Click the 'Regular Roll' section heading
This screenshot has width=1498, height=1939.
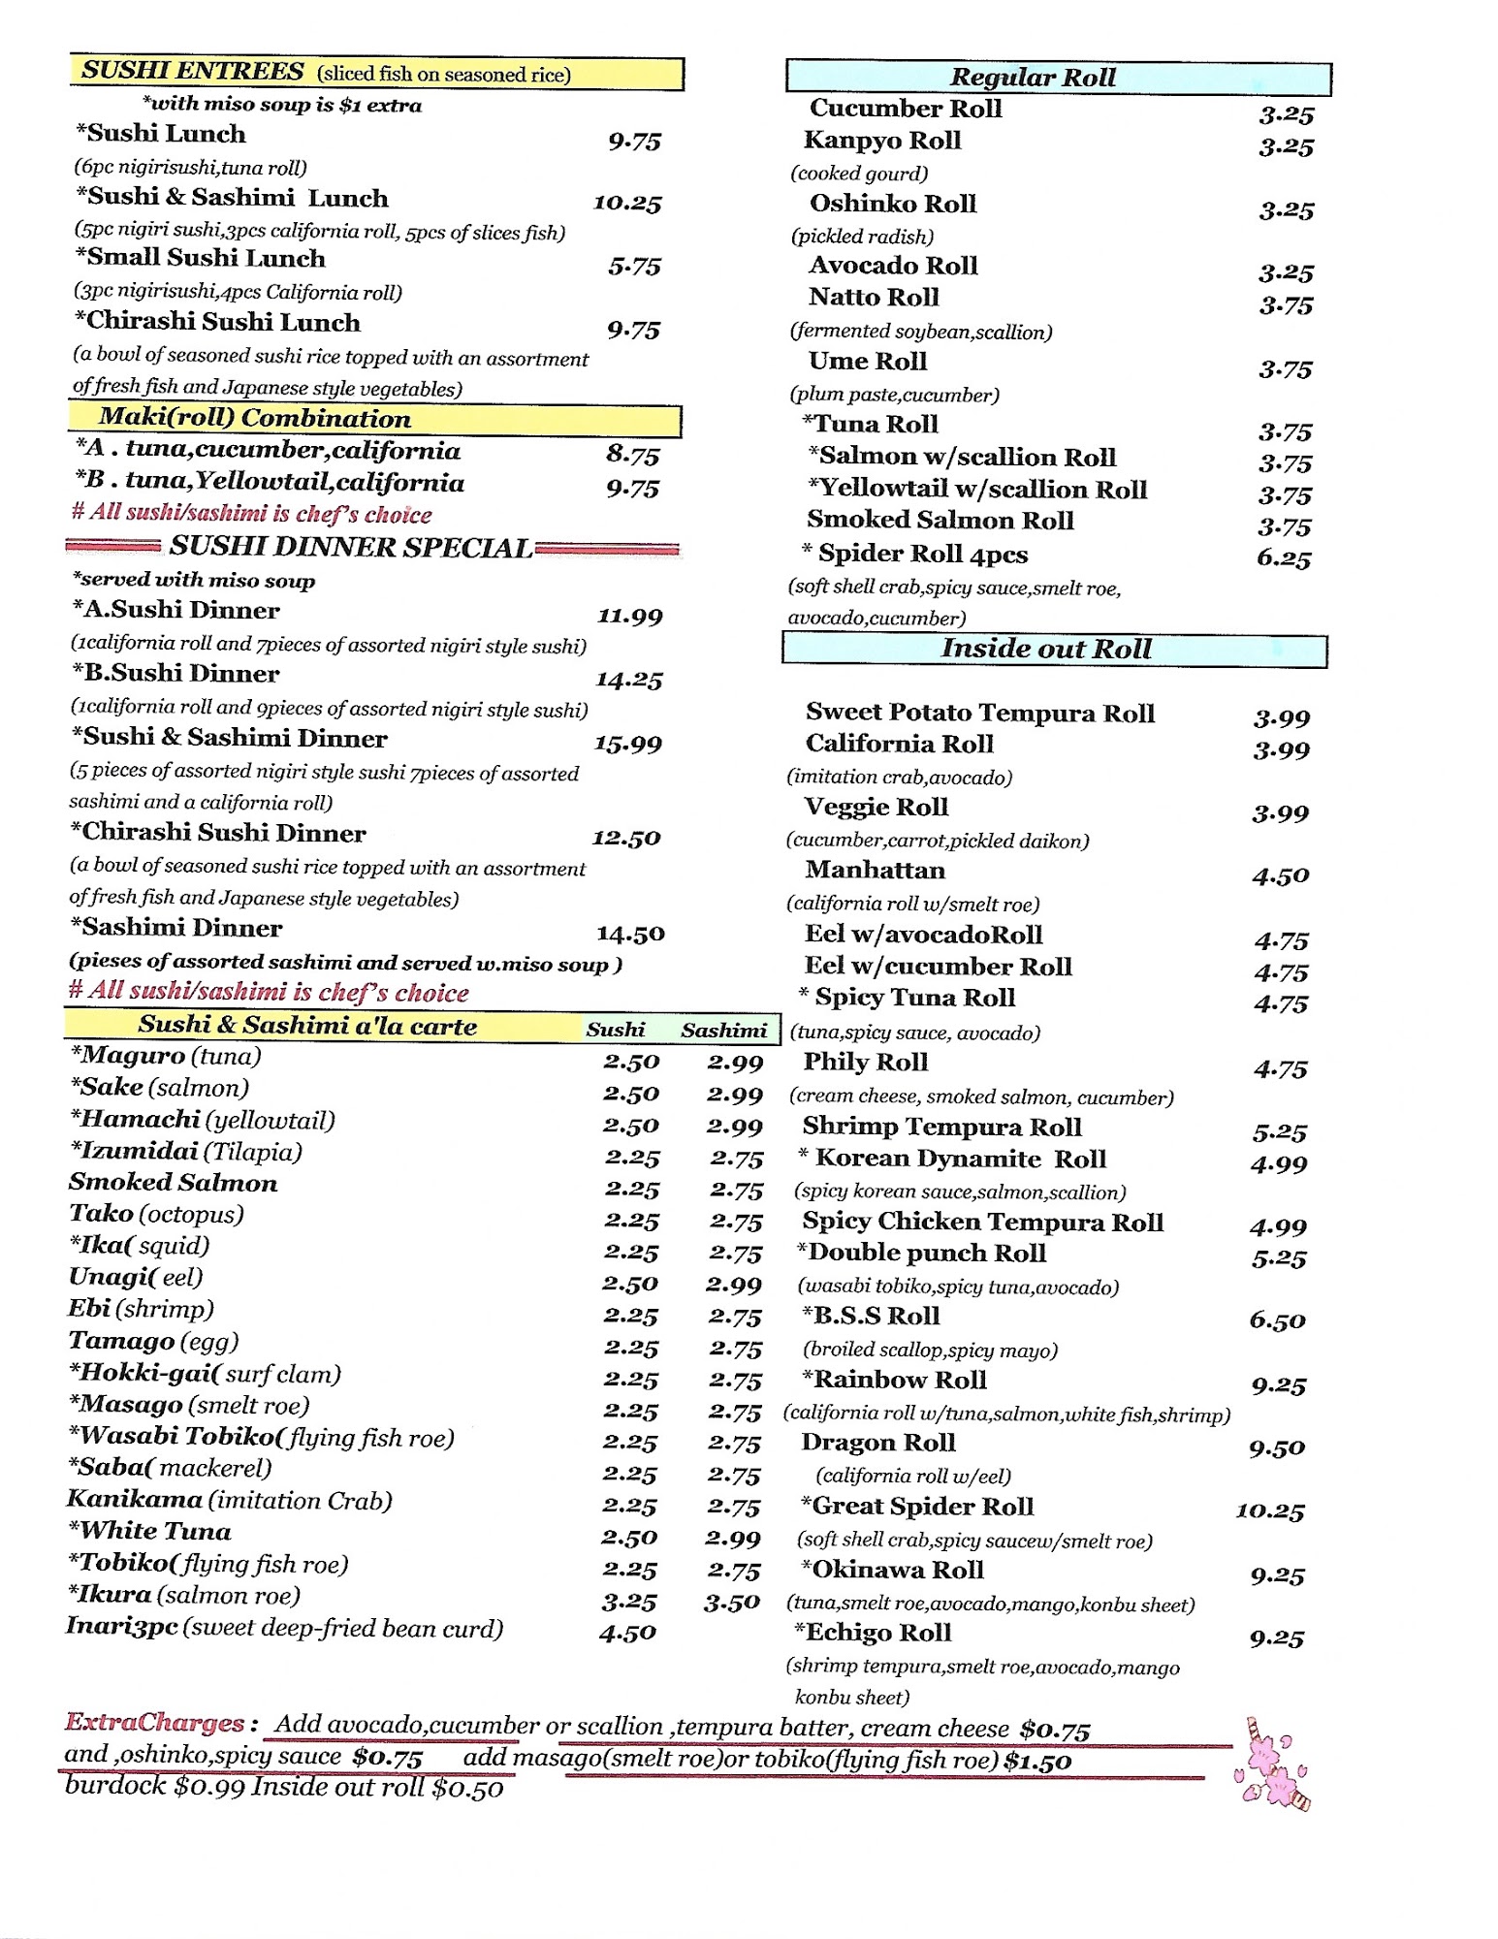pyautogui.click(x=1033, y=78)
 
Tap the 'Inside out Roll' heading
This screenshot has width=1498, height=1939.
pyautogui.click(x=1046, y=649)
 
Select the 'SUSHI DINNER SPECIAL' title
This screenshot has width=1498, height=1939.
pyautogui.click(x=350, y=548)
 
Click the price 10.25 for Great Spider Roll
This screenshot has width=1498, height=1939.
pyautogui.click(x=1269, y=1511)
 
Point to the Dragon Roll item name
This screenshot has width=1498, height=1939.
pyautogui.click(x=878, y=1444)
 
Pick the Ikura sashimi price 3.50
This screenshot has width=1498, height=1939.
pyautogui.click(x=732, y=1603)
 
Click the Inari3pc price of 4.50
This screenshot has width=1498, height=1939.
pyautogui.click(x=627, y=1634)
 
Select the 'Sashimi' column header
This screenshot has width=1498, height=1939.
pyautogui.click(x=723, y=1031)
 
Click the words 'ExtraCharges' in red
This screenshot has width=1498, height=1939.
pyautogui.click(x=155, y=1723)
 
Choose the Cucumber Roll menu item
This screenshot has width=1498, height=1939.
pyautogui.click(x=906, y=109)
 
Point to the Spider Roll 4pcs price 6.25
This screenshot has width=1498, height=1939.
pyautogui.click(x=1284, y=559)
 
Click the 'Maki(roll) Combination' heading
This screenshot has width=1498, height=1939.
pyautogui.click(x=255, y=419)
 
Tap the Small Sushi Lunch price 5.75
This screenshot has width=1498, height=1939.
pyautogui.click(x=634, y=267)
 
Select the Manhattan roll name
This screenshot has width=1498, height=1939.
pyautogui.click(x=875, y=871)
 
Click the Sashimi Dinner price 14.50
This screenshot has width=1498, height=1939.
pyautogui.click(x=630, y=935)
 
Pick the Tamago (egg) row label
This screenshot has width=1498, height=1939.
pyautogui.click(x=153, y=1342)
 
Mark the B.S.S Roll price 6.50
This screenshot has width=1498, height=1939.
pyautogui.click(x=1277, y=1321)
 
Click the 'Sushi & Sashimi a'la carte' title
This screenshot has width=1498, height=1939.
pyautogui.click(x=307, y=1026)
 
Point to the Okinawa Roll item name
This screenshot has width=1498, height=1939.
pyautogui.click(x=892, y=1570)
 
